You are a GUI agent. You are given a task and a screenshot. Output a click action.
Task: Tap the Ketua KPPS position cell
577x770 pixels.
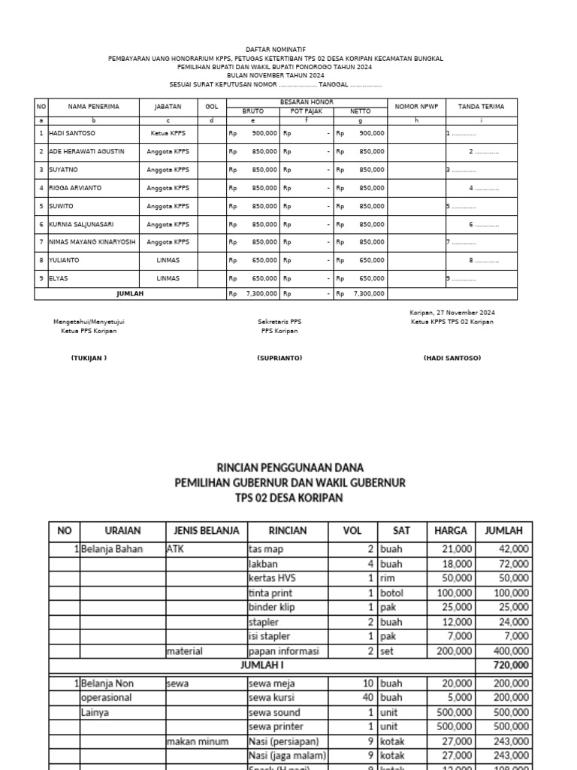click(x=168, y=133)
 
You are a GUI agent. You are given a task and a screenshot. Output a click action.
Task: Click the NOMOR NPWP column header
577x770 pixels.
click(x=416, y=107)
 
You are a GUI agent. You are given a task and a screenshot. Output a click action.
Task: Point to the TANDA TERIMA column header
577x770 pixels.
click(x=481, y=107)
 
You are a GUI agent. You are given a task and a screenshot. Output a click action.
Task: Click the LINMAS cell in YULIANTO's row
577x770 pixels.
click(x=168, y=260)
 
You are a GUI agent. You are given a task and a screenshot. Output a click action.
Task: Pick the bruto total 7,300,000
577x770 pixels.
click(x=260, y=294)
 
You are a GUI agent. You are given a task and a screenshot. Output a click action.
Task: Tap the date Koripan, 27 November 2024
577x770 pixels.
click(x=452, y=312)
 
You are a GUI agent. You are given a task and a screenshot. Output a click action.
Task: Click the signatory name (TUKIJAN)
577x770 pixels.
click(x=89, y=358)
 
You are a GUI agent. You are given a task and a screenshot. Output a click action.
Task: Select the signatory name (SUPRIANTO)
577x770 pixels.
click(x=279, y=358)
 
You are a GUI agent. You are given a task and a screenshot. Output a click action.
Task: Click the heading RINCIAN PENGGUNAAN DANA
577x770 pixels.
click(x=290, y=467)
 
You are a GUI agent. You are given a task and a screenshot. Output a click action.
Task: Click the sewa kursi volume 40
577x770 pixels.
click(x=367, y=698)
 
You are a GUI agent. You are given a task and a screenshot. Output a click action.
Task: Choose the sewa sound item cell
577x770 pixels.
click(x=275, y=712)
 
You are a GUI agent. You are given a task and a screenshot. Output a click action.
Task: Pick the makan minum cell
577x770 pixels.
click(x=197, y=741)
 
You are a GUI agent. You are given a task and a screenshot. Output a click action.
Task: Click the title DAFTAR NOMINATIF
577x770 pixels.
click(x=288, y=49)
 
